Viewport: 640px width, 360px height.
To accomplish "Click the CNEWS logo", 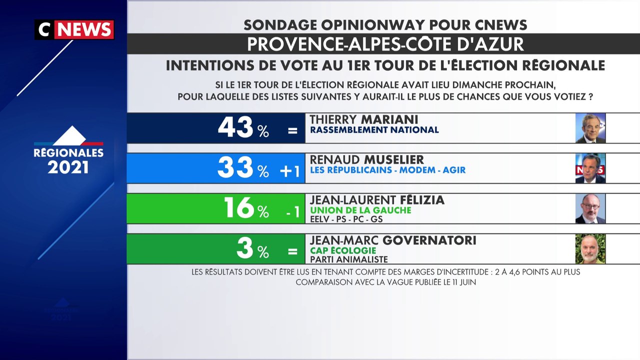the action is (74, 29).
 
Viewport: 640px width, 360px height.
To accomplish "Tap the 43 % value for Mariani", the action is (243, 127).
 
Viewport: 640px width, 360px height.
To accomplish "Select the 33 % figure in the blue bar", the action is (243, 167).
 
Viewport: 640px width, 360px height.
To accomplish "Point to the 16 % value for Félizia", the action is (246, 207).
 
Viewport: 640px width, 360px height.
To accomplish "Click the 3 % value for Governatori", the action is (253, 248).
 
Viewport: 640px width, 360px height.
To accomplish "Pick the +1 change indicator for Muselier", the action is (289, 171).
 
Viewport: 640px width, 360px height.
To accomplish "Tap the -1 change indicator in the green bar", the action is (293, 212).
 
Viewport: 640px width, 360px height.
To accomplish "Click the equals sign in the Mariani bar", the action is (292, 131).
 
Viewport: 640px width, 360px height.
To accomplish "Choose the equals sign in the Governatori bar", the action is (292, 251).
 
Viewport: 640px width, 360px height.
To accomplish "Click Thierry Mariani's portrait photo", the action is (590, 128).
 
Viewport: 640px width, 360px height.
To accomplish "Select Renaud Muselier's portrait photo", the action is (590, 168).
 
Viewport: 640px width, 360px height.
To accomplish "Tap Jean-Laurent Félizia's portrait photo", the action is (590, 208).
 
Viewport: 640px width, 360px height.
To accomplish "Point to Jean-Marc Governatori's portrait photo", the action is (590, 249).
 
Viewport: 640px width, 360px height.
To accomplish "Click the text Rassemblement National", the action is (374, 130).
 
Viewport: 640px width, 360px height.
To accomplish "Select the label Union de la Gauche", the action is (360, 210).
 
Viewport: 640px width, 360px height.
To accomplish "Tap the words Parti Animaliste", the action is (349, 259).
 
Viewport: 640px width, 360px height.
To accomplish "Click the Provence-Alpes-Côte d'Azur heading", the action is (385, 44).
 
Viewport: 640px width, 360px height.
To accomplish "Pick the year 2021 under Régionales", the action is (68, 167).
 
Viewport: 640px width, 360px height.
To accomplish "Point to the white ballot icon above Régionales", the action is (69, 135).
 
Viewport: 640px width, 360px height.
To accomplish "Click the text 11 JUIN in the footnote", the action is (464, 282).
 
